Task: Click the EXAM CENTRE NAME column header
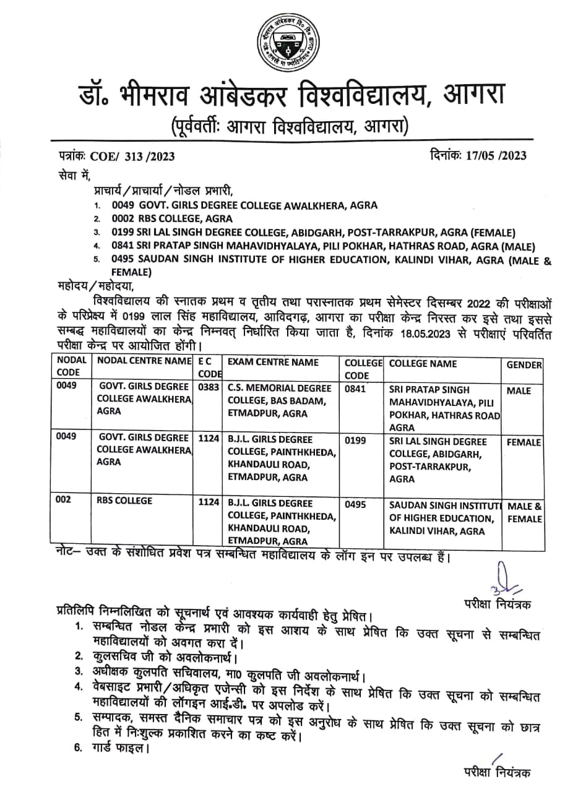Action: (x=274, y=363)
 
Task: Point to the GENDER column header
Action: (x=524, y=365)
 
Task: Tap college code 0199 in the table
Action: (x=356, y=441)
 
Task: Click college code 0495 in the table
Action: (x=356, y=504)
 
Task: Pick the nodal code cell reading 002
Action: (x=64, y=503)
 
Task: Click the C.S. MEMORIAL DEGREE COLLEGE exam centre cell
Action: (x=280, y=400)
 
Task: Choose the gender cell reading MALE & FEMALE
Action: (x=524, y=512)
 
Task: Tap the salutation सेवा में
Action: (x=73, y=176)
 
